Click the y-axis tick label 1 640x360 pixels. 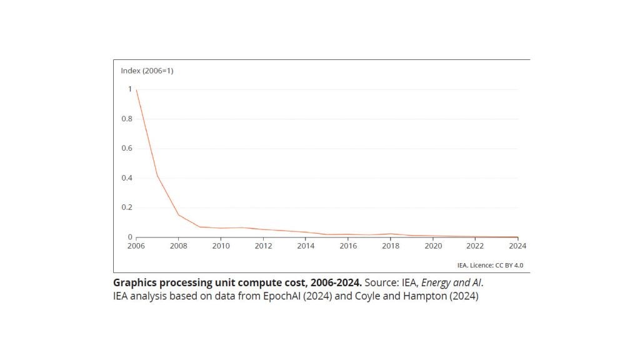pos(130,89)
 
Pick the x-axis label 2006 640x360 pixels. pos(136,246)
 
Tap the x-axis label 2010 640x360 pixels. pos(221,246)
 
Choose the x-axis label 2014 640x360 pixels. pos(306,246)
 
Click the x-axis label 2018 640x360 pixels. pos(391,246)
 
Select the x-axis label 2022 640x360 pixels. pos(476,246)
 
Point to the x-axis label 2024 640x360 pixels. pos(518,246)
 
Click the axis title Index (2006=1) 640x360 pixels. pos(147,71)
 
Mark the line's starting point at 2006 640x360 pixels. pos(136,90)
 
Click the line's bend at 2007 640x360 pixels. pos(157,176)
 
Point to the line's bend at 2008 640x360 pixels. pos(179,215)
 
